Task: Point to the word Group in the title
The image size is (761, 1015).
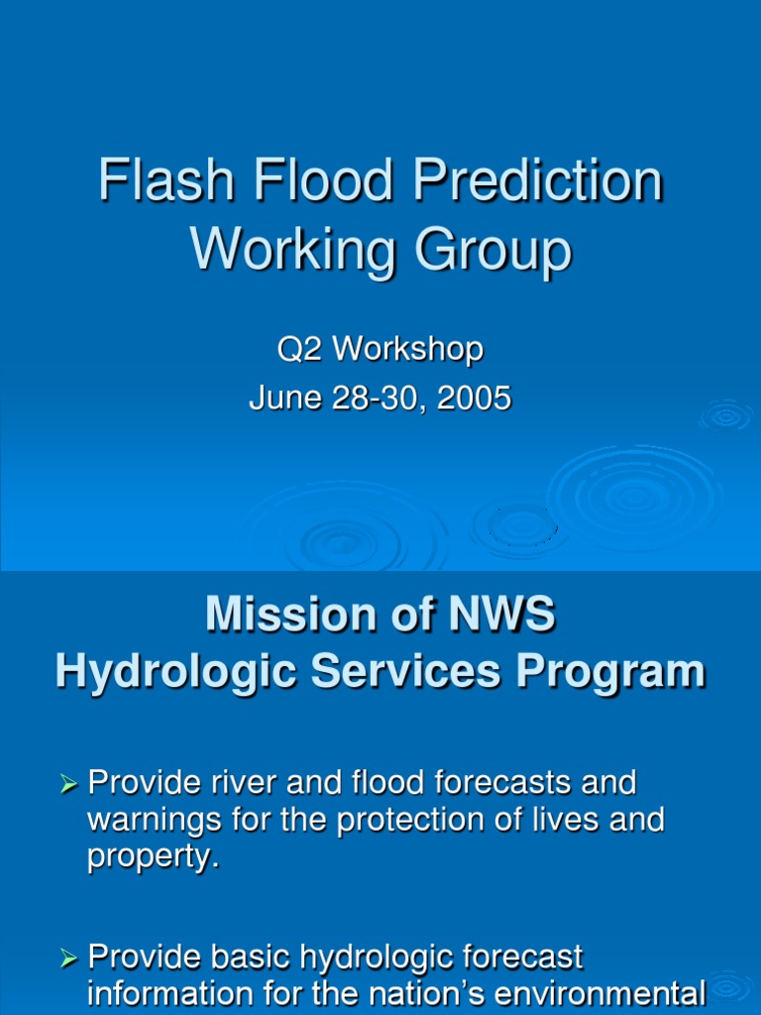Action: [492, 250]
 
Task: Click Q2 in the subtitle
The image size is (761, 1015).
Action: [298, 349]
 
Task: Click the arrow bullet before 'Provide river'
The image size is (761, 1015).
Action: [68, 785]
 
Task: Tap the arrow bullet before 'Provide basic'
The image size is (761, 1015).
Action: [68, 959]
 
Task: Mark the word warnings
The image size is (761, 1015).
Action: [146, 822]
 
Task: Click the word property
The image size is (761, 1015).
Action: [151, 857]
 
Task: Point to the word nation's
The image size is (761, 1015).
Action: [408, 993]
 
